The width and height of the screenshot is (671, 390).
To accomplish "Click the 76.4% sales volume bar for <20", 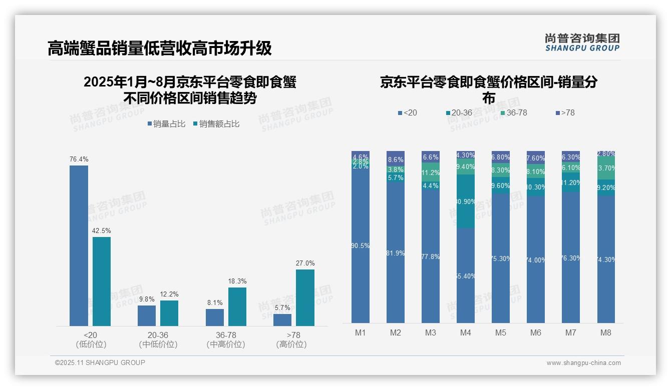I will [x=79, y=245].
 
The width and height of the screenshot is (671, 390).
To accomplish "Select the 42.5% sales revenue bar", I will [x=102, y=281].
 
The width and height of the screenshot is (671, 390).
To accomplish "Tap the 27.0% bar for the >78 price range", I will [x=305, y=297].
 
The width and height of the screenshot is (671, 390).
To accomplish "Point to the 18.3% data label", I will [x=237, y=281].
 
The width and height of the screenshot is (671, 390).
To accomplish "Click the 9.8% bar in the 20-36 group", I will [x=147, y=315].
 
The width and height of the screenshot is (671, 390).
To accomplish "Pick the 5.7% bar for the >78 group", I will [x=282, y=320].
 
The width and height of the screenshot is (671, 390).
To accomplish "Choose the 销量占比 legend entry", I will [x=167, y=124].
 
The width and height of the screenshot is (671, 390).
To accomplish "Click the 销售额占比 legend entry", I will [x=216, y=124].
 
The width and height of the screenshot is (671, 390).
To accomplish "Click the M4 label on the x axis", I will [x=466, y=332].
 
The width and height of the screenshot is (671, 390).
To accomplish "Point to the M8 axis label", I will [x=606, y=332].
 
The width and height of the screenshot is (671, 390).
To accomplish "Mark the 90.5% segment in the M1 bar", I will [x=361, y=245].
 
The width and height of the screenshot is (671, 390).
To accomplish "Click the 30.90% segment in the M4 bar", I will [x=466, y=201].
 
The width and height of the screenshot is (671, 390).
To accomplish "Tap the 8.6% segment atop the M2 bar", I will [x=396, y=158].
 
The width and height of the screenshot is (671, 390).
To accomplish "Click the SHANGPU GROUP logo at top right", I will [x=582, y=42].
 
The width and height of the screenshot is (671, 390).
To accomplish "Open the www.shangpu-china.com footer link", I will [x=583, y=363].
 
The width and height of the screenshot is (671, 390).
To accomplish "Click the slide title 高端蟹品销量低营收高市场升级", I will [x=160, y=48].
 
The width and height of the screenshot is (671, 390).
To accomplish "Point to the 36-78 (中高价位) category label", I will [x=225, y=339].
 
